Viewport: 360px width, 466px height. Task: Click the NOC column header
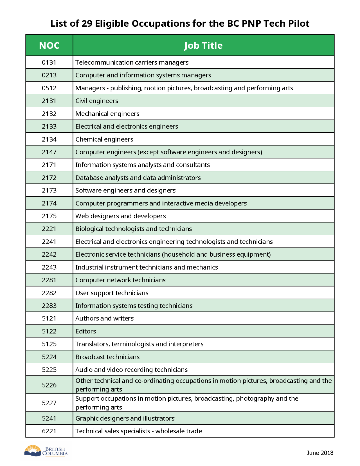[49, 46]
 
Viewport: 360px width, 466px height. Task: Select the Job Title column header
[203, 46]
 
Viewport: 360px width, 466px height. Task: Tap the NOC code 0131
[49, 62]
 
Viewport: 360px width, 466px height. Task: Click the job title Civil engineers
[97, 101]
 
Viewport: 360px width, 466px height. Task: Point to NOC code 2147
[49, 152]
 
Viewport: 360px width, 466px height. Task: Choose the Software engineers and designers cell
[125, 191]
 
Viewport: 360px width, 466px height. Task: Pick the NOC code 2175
[49, 216]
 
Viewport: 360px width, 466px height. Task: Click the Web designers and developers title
[121, 216]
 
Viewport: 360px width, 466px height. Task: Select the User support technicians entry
[112, 293]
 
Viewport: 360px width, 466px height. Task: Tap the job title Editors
[86, 331]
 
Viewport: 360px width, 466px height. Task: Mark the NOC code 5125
[49, 344]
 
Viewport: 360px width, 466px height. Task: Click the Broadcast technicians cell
[107, 357]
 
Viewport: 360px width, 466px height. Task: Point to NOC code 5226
[49, 385]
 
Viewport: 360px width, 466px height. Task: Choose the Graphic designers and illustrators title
[125, 418]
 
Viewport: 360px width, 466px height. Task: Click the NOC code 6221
[49, 431]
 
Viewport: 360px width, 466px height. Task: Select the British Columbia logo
[46, 451]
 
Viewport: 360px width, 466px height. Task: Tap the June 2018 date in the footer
[320, 453]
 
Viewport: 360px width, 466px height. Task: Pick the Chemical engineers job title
[104, 139]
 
